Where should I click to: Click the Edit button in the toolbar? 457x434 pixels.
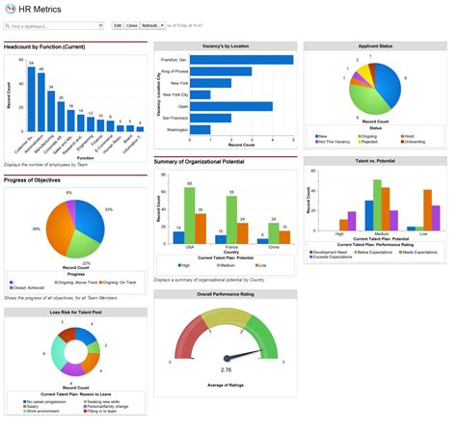pyautogui.click(x=118, y=25)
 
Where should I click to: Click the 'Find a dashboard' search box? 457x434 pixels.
pyautogui.click(x=53, y=25)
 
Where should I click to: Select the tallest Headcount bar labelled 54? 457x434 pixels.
pyautogui.click(x=30, y=100)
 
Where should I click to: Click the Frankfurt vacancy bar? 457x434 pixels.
pyautogui.click(x=241, y=60)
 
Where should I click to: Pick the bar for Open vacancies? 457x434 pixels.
pyautogui.click(x=230, y=106)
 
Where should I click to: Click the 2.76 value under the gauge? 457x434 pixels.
pyautogui.click(x=227, y=369)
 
